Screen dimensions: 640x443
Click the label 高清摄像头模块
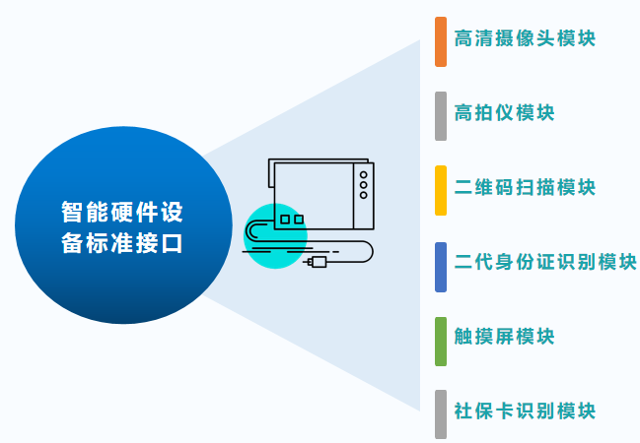525,38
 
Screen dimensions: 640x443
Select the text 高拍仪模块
505,112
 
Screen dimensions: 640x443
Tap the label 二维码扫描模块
525,187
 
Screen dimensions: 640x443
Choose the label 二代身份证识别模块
545,262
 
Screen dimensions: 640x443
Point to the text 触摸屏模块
505,337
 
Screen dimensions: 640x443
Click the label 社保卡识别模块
525,411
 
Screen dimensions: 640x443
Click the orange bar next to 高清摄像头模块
441,41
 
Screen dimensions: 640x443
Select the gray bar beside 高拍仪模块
441,116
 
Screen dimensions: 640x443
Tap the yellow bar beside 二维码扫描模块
441,190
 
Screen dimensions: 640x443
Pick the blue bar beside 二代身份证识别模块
441,268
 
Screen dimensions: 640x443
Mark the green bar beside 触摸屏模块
441,342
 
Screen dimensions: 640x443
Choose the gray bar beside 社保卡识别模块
441,414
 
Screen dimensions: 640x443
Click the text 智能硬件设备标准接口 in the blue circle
122,227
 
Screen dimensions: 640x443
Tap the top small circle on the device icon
363,175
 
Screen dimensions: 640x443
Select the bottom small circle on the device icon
363,195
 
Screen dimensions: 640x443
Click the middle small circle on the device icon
363,185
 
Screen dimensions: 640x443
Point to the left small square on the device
285,220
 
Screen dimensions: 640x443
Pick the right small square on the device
299,220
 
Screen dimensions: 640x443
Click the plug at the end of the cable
319,262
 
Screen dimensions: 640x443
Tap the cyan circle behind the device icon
275,236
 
